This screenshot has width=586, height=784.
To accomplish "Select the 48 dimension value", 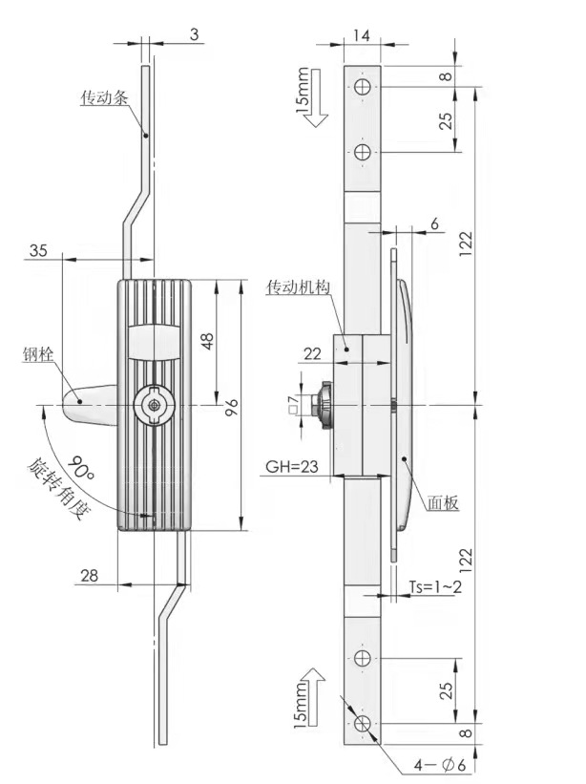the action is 207,341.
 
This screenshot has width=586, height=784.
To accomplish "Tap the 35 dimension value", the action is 38,249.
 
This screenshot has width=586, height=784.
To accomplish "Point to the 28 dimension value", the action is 90,576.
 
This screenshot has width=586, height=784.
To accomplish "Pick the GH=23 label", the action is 292,467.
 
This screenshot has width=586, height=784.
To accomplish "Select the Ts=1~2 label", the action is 435,586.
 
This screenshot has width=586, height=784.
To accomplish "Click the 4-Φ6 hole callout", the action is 440,765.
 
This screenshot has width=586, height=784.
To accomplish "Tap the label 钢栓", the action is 37,355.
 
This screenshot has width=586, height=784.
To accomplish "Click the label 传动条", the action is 104,97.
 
